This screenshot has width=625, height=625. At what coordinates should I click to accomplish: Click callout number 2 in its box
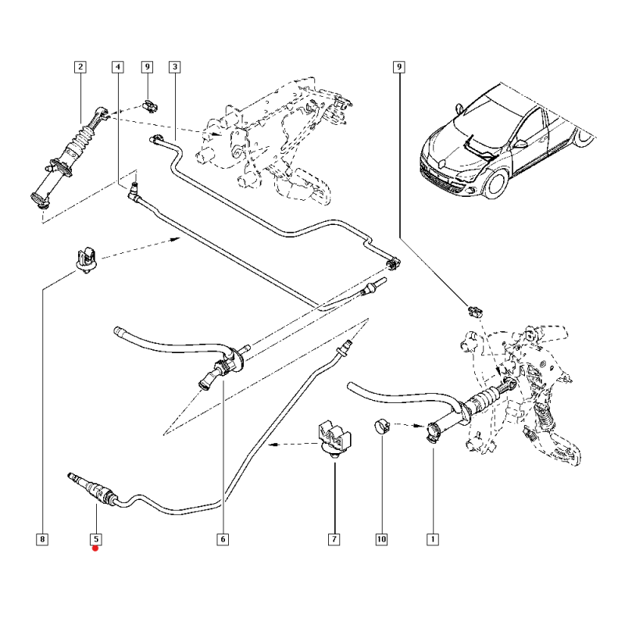[80, 67]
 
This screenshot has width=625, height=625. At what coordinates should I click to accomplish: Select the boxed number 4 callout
[117, 67]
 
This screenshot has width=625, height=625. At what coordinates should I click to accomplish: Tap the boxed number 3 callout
[174, 67]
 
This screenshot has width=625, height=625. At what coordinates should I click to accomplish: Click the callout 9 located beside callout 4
[147, 67]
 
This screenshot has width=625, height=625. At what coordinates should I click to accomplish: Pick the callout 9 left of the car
[398, 67]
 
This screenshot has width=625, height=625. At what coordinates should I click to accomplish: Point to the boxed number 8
[42, 538]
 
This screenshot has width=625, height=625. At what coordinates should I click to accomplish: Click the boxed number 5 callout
[95, 538]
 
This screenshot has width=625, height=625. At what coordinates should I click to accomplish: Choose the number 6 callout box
[222, 538]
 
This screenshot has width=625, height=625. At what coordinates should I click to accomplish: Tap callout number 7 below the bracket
[334, 538]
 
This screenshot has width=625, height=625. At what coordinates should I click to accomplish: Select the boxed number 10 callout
[383, 538]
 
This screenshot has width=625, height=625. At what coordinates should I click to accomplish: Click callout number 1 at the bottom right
[430, 538]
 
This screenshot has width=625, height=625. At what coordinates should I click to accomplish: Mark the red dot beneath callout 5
[95, 548]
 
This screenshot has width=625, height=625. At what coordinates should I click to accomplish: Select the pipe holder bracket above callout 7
[333, 437]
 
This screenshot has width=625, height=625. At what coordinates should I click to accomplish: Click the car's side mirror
[519, 143]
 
